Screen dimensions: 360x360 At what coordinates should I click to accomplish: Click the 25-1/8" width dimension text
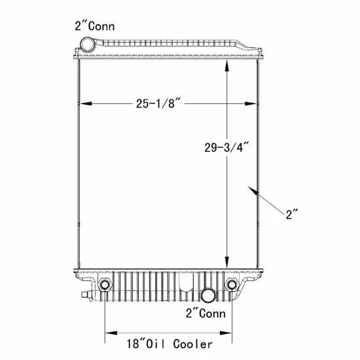[158, 103]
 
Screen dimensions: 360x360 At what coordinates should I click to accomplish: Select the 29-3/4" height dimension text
[226, 147]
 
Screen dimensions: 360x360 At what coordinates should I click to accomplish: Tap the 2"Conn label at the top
[95, 26]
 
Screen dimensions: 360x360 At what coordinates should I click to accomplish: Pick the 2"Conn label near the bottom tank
[206, 314]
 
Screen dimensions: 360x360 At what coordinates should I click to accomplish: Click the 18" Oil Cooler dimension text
[170, 344]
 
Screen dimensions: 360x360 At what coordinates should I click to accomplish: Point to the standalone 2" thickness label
[292, 214]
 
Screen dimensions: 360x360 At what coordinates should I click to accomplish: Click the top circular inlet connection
[87, 45]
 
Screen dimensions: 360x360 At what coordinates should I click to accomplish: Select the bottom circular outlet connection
[209, 295]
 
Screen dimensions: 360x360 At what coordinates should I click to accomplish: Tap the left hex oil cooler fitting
[105, 285]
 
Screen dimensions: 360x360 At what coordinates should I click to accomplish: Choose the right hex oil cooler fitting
[232, 285]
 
